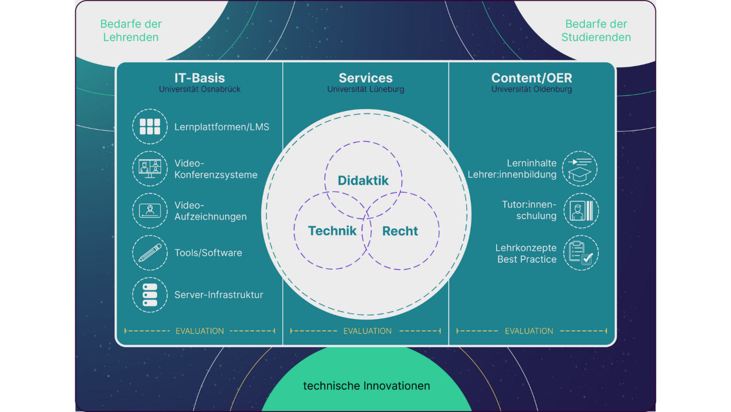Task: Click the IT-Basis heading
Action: pyautogui.click(x=199, y=78)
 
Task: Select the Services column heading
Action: pyautogui.click(x=365, y=78)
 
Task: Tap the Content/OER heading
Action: pyautogui.click(x=532, y=78)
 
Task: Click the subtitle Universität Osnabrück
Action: pyautogui.click(x=199, y=89)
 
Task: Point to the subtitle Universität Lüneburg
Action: pyautogui.click(x=365, y=89)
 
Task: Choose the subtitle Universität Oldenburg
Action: pyautogui.click(x=532, y=89)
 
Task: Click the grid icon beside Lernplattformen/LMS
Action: pyautogui.click(x=150, y=127)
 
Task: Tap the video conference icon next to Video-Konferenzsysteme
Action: pyautogui.click(x=150, y=169)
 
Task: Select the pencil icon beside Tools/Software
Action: pyautogui.click(x=150, y=253)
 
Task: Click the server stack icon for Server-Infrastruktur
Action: pyautogui.click(x=150, y=295)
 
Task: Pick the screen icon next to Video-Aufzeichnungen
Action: pyautogui.click(x=150, y=210)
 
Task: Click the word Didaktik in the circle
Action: pyautogui.click(x=363, y=180)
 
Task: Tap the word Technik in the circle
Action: pyautogui.click(x=332, y=231)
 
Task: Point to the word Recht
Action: pyautogui.click(x=400, y=231)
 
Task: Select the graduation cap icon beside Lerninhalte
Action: pyautogui.click(x=580, y=169)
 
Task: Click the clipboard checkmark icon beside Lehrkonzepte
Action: pyautogui.click(x=581, y=253)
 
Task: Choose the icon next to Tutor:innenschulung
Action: pyautogui.click(x=581, y=211)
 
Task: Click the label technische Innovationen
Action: pyautogui.click(x=366, y=386)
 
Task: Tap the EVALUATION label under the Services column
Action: pyautogui.click(x=367, y=331)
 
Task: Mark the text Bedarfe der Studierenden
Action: pyautogui.click(x=596, y=31)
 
